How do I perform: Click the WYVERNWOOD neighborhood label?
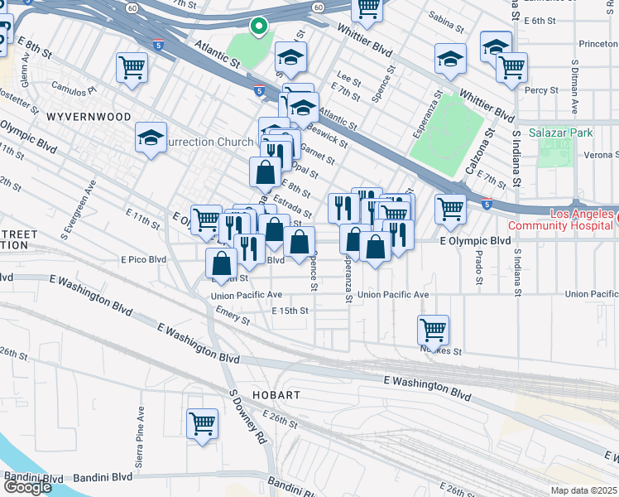click(x=89, y=117)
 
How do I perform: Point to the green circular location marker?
click(x=259, y=27)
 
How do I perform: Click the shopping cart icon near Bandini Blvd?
click(x=202, y=424)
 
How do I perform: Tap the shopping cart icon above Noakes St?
click(x=433, y=331)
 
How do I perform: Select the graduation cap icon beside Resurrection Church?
click(x=151, y=138)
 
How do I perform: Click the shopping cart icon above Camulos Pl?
click(x=132, y=67)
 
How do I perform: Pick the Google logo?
click(x=27, y=487)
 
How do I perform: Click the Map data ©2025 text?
click(x=584, y=490)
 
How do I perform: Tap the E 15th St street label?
click(x=290, y=311)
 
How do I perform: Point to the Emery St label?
click(x=233, y=316)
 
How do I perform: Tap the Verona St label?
click(x=600, y=154)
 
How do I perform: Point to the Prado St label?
click(x=478, y=268)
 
